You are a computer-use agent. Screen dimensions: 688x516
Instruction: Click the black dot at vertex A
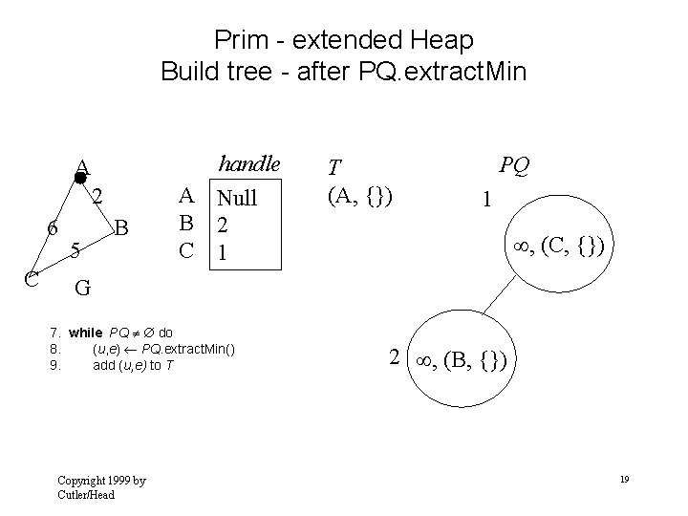(80, 178)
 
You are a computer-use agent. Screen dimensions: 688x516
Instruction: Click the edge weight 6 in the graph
(54, 229)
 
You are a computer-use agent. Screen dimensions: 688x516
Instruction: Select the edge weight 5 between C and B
(75, 250)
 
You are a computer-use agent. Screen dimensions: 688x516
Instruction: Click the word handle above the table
(249, 163)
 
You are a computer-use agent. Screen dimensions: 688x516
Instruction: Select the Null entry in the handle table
(237, 199)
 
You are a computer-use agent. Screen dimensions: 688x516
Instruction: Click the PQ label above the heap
(514, 166)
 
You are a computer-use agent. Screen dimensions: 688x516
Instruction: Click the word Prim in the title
(241, 40)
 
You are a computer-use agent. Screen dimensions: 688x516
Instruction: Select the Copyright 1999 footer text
(101, 486)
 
